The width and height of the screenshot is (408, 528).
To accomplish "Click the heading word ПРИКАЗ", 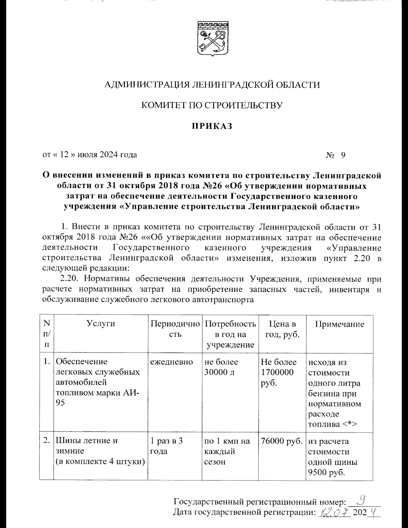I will click(x=211, y=126).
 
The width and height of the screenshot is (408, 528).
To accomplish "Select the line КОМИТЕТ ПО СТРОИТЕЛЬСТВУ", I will click(x=212, y=105).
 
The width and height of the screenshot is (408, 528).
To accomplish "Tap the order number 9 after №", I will click(x=343, y=155).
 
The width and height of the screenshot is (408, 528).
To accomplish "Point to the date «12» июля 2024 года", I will click(x=90, y=155).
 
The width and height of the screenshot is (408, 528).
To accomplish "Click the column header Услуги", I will click(x=101, y=324).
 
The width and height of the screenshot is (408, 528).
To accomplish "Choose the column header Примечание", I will click(x=339, y=324).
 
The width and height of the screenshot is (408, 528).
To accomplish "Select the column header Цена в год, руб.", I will click(x=282, y=329).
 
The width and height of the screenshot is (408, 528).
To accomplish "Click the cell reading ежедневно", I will click(x=172, y=362).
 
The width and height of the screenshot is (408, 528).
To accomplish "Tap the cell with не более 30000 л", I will click(x=221, y=367).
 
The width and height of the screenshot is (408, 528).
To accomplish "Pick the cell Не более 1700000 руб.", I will click(x=278, y=372).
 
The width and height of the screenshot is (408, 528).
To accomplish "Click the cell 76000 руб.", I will click(x=282, y=441).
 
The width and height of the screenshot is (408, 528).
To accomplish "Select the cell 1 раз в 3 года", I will click(x=167, y=446).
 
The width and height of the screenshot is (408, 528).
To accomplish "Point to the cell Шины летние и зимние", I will click(x=87, y=446).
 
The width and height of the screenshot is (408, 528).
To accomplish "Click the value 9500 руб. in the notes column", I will click(x=324, y=472).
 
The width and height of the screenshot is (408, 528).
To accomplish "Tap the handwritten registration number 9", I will click(x=362, y=500).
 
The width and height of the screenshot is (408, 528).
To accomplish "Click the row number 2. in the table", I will click(x=47, y=441).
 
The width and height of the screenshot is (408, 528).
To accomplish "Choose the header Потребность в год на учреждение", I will click(x=231, y=334).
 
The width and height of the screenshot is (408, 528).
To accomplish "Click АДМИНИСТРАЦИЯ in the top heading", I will click(x=147, y=85).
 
